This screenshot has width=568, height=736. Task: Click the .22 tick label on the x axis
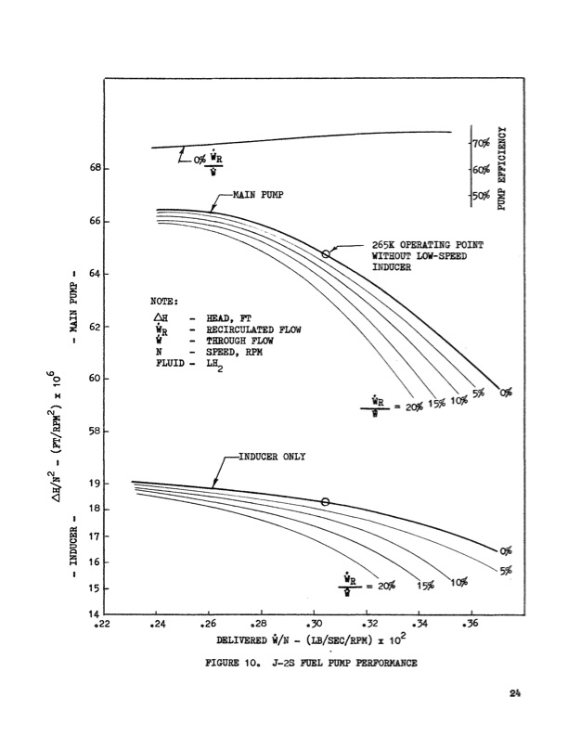click(105, 624)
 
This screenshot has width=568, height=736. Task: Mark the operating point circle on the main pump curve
click(326, 253)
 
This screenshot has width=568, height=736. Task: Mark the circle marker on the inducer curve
click(326, 502)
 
